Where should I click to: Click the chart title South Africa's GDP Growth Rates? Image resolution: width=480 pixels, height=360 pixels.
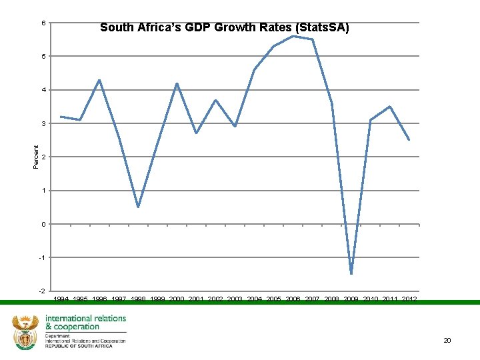pos(224,28)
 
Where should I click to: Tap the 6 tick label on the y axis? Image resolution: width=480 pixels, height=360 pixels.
pos(43,23)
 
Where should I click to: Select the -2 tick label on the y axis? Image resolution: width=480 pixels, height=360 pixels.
pos(42,291)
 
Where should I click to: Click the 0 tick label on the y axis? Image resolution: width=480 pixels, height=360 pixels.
pos(43,224)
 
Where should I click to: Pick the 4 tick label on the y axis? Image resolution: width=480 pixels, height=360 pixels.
pos(43,90)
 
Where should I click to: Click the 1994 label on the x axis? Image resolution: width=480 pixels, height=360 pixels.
pos(61,299)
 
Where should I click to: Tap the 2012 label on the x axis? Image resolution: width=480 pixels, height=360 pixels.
pos(409,299)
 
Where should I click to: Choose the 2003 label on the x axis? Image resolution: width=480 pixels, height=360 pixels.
pos(235,299)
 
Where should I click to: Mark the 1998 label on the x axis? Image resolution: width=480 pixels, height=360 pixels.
pos(139,299)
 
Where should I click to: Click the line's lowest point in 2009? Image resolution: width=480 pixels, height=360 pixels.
pos(351,273)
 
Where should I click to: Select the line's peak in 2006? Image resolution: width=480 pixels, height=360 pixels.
pos(293,36)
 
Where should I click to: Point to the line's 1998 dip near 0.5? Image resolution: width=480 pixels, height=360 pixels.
pos(138,207)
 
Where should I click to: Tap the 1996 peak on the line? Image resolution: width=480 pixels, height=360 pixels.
pos(99,80)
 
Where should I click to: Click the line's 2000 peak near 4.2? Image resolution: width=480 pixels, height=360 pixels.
pos(177,83)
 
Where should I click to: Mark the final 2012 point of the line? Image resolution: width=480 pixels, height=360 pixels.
pos(409,140)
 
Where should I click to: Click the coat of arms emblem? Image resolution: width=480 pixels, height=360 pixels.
pos(25,333)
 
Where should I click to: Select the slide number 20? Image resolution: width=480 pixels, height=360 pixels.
pos(447,341)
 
